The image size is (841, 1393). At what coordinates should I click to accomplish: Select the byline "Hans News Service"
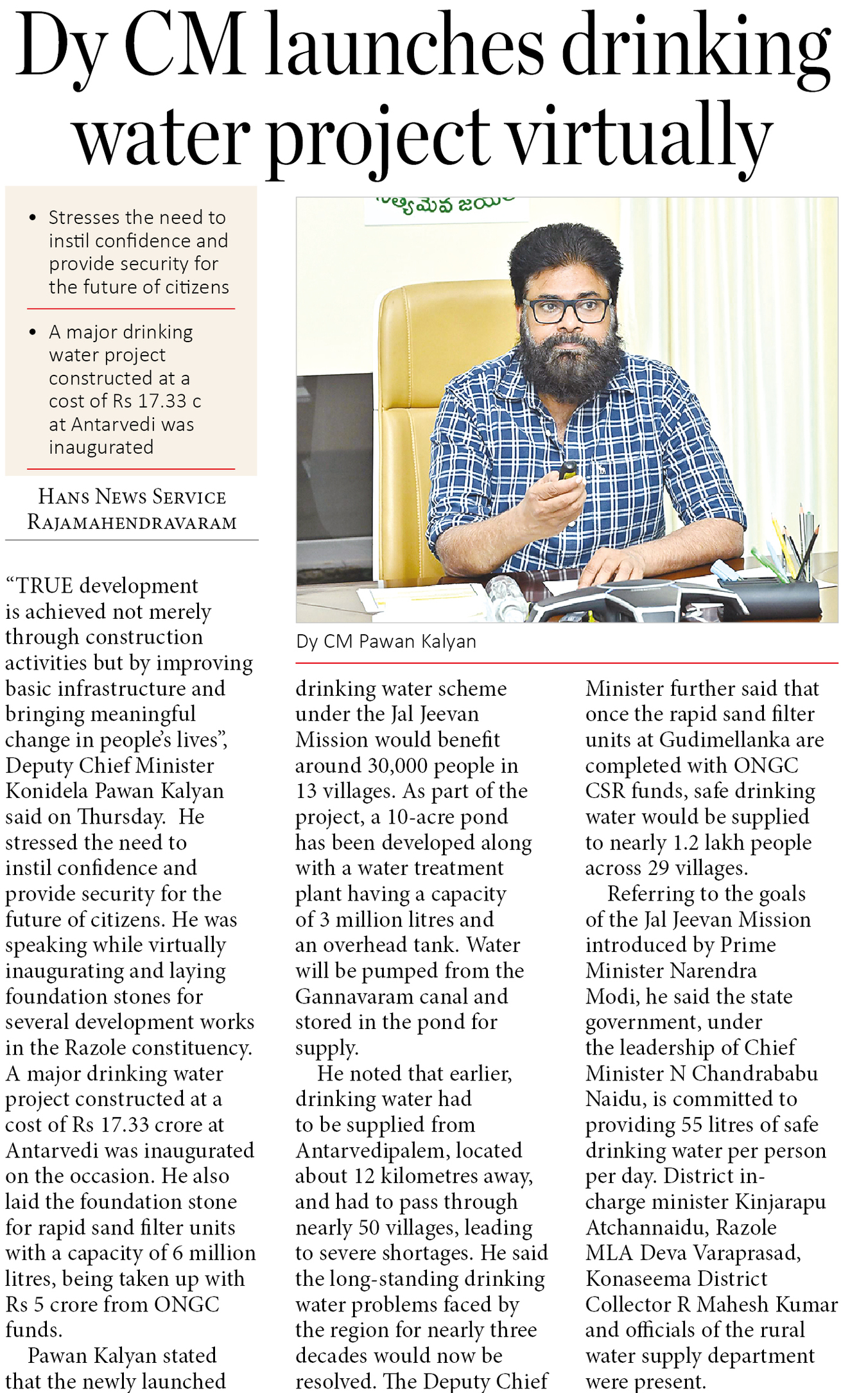point(132,497)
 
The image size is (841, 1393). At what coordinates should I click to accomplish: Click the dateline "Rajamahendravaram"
point(132,523)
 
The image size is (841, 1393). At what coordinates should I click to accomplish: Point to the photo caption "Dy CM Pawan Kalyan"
point(386,641)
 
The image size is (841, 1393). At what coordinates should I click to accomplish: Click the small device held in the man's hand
point(567,471)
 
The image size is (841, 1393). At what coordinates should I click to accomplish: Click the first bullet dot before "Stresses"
point(33,218)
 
